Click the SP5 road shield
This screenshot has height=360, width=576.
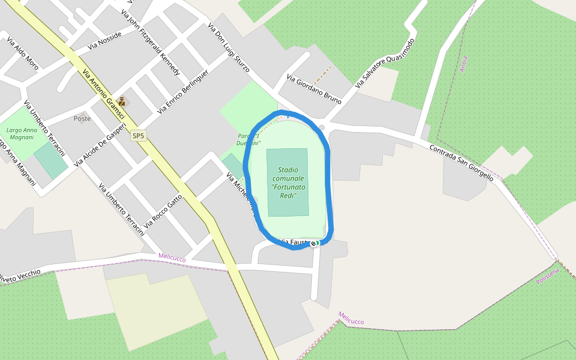coord(139,136)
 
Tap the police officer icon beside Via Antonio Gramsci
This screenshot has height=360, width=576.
coord(122,101)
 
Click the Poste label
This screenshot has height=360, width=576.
coord(82,119)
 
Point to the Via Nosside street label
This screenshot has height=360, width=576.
coord(104,41)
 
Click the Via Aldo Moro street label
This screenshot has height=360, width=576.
coord(23,54)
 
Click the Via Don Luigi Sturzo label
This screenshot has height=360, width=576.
coord(229,48)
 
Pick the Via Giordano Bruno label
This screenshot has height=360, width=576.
coord(314,89)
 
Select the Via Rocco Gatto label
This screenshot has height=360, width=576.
coord(163,211)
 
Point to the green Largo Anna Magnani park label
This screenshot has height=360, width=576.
coord(22,133)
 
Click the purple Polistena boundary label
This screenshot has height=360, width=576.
coord(548,276)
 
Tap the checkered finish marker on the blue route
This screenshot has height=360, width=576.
coord(313,243)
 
